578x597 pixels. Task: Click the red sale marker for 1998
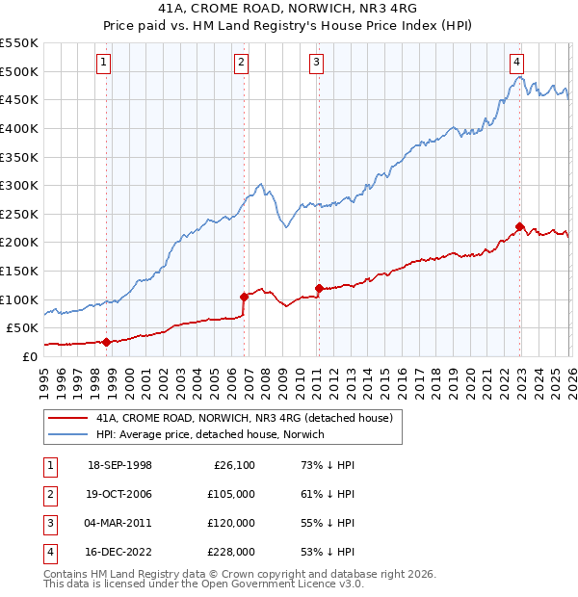107,341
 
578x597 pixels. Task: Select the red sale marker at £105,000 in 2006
244,297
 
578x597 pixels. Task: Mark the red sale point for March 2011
319,288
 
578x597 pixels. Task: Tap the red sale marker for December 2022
519,227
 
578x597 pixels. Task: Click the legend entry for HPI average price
210,434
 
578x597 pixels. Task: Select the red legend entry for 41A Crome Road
244,419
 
